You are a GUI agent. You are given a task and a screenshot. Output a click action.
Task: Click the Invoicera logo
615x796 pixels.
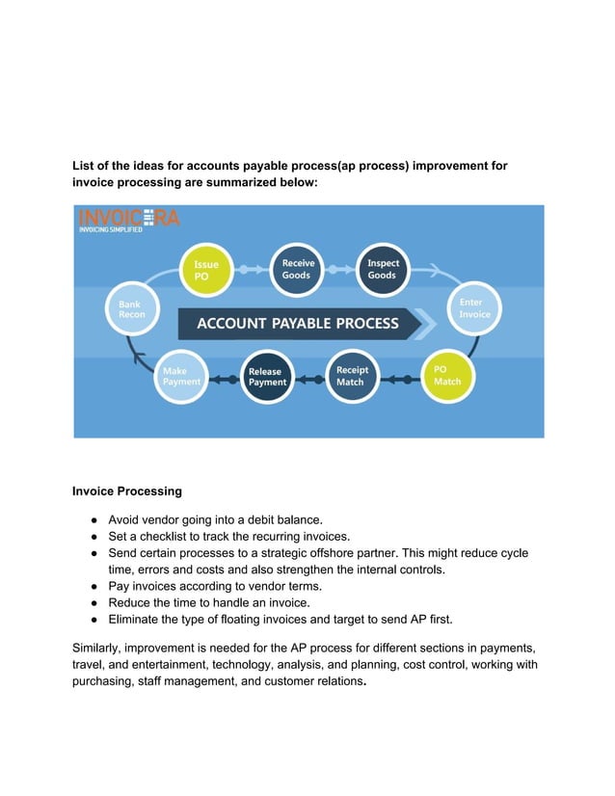click(127, 223)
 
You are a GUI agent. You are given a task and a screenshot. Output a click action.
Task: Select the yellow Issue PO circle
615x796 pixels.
click(206, 271)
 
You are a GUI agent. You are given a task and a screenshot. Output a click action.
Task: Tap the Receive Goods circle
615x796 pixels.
click(298, 270)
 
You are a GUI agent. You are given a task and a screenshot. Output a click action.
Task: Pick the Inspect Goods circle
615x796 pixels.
click(383, 270)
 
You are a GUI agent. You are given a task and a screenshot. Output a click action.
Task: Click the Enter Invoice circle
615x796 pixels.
click(473, 309)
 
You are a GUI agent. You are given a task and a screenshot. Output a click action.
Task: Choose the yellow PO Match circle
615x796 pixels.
click(447, 376)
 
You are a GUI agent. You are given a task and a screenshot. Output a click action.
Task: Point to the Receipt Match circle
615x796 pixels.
click(351, 377)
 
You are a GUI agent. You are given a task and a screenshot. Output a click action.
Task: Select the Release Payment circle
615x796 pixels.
click(266, 377)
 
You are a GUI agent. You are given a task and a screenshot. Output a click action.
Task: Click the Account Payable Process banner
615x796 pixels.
click(298, 324)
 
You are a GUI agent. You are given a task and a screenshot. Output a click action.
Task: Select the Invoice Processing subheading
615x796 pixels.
click(127, 491)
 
